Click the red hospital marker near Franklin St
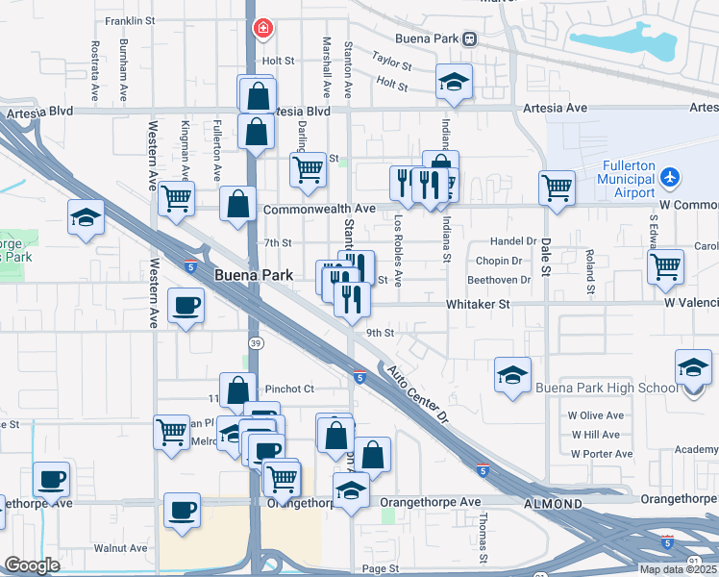click(261, 29)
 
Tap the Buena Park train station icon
click(469, 39)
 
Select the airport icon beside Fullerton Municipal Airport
click(670, 178)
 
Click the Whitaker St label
click(477, 304)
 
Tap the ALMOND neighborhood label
click(553, 503)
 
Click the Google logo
click(33, 565)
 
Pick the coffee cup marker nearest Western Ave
click(186, 307)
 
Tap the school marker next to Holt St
click(454, 82)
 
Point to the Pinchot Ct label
click(289, 389)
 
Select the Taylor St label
click(391, 63)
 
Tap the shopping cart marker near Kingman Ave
click(176, 198)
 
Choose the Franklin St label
click(131, 20)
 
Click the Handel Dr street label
click(512, 241)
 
